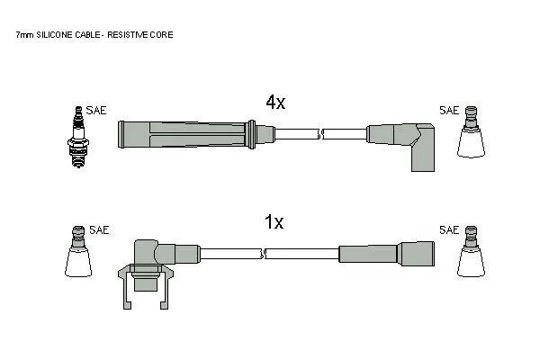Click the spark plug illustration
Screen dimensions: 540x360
[x=78, y=137]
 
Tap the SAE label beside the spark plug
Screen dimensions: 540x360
[x=96, y=110]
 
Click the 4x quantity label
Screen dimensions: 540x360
[x=275, y=102]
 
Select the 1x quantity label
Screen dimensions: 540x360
[x=274, y=221]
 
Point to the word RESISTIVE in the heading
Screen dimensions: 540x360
[x=127, y=35]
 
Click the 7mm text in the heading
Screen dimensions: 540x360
[x=25, y=35]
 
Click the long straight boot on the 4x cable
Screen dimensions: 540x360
[x=196, y=134]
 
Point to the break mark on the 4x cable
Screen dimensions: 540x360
[x=321, y=134]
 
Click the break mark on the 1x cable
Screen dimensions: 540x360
[x=264, y=254]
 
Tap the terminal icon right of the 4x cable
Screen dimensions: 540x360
[x=471, y=132]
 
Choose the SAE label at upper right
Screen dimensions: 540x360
[x=449, y=110]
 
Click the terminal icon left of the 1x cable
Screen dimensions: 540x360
[x=78, y=251]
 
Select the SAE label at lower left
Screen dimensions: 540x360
[x=99, y=229]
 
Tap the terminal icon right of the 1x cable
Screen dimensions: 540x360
[x=471, y=251]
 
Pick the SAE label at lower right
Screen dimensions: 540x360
[x=449, y=229]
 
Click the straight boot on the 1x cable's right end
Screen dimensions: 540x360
[x=387, y=254]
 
